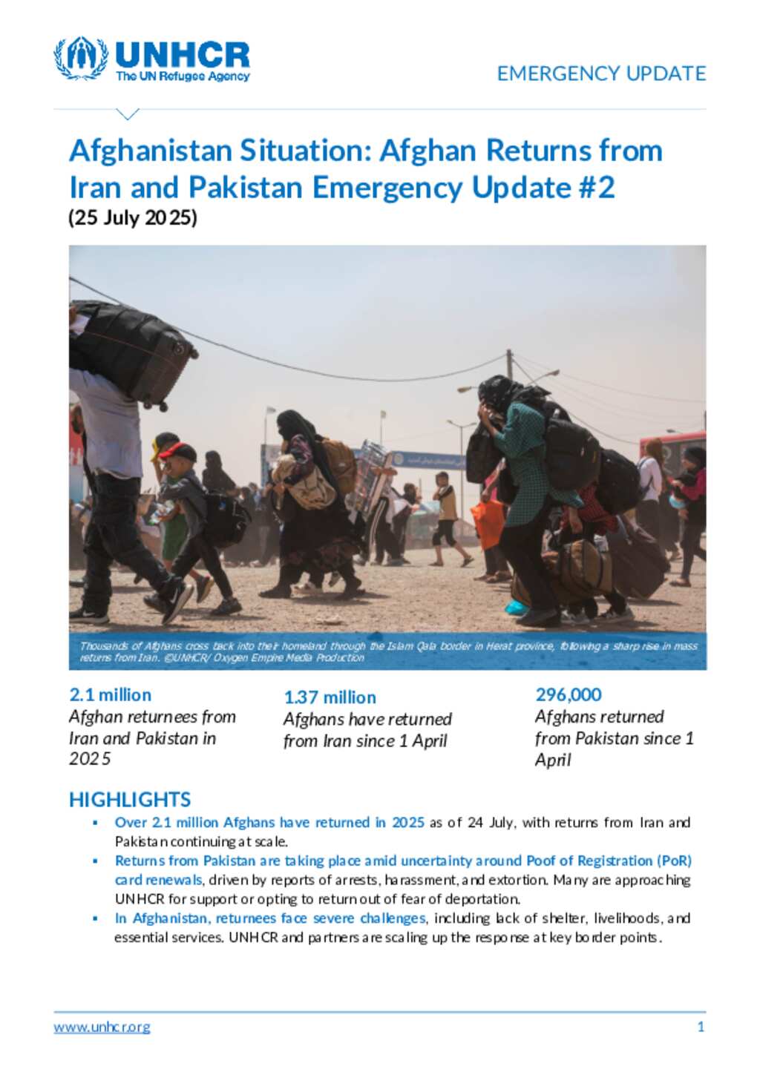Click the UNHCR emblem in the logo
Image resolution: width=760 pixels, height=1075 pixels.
click(80, 58)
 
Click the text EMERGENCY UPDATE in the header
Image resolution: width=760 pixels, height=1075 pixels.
click(601, 73)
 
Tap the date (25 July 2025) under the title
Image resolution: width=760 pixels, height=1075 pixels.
click(133, 218)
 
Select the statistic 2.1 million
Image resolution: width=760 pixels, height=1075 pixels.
click(110, 695)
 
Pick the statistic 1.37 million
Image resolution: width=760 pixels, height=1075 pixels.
click(330, 697)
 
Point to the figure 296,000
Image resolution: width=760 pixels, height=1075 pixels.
click(569, 695)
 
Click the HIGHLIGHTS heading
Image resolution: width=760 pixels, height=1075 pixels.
click(130, 800)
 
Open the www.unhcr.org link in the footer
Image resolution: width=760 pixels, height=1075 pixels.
click(102, 1028)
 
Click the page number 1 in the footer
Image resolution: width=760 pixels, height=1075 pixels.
click(701, 1028)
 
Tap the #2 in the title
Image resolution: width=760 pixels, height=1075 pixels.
click(595, 188)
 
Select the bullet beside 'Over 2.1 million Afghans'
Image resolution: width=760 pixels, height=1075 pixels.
click(95, 823)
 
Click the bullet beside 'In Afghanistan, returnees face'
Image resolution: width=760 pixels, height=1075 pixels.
click(95, 918)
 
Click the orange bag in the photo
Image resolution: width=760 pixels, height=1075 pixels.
click(488, 524)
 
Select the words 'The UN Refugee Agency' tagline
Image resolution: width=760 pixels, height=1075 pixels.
click(183, 76)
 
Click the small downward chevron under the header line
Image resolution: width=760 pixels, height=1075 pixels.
click(128, 114)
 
